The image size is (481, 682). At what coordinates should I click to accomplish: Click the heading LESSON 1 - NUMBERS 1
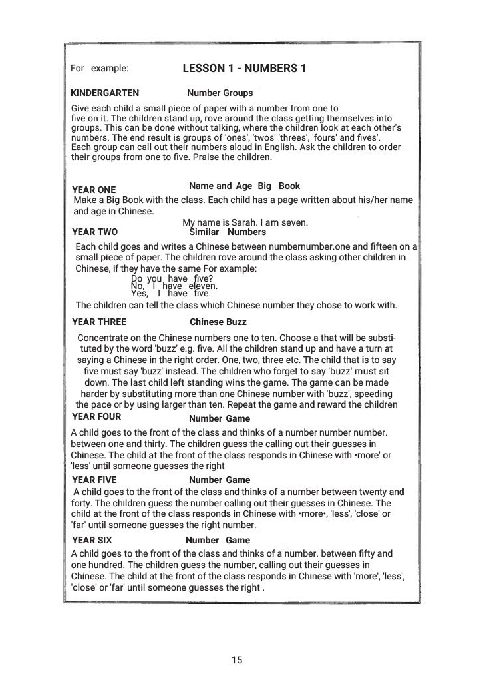pos(244,68)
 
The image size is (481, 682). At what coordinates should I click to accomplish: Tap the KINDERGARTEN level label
pos(104,93)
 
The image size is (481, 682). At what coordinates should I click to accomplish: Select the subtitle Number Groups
pos(220,93)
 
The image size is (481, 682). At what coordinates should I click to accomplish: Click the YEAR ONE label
pos(93,190)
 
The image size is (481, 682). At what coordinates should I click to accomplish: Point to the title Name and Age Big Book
pos(244,186)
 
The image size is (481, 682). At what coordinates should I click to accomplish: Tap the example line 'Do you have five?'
pos(172,279)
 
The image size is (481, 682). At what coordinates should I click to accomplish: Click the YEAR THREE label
pos(98,322)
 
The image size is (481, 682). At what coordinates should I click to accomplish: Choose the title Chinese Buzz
pos(218,322)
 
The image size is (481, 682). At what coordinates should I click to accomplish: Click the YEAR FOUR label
pos(96,418)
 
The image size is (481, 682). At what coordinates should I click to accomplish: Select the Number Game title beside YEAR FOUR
pos(220,418)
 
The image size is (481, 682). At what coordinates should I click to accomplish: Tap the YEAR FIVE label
pos(94,480)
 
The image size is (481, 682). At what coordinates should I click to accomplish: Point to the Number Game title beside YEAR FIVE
pos(220,480)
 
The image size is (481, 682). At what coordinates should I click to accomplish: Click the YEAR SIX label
pos(92,541)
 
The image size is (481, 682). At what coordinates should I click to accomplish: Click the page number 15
pos(237,660)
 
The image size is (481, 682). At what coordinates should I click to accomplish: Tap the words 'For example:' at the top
pos(99,68)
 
